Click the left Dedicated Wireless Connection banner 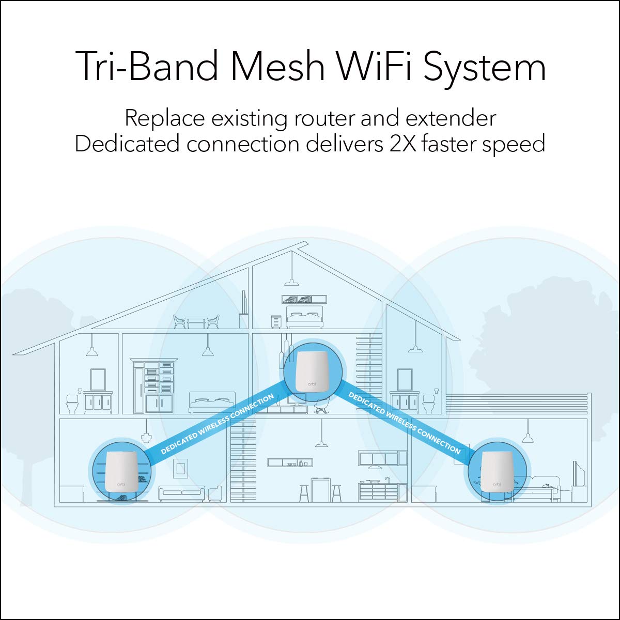217,425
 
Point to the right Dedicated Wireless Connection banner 405,423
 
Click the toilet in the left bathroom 72,402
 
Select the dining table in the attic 196,322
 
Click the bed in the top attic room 304,317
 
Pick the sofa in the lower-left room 182,494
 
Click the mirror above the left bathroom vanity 98,379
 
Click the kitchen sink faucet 386,481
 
